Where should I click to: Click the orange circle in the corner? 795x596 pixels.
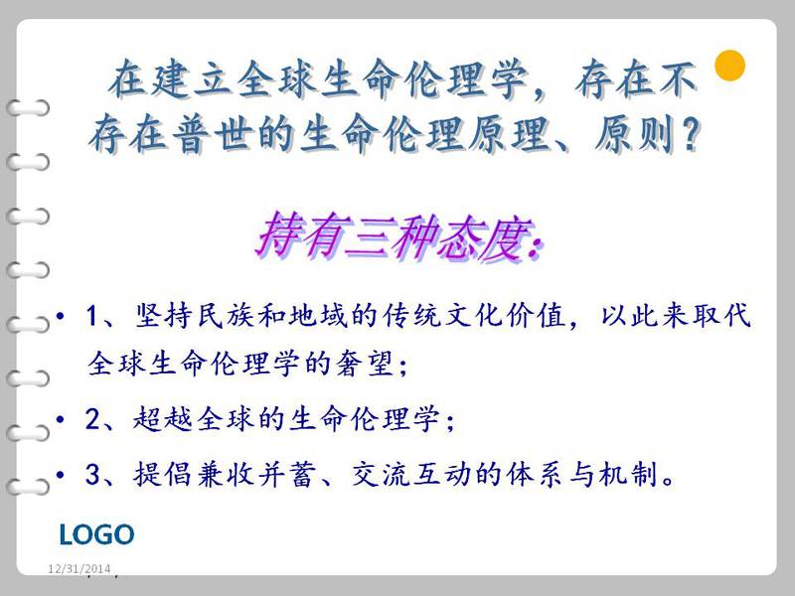tap(729, 66)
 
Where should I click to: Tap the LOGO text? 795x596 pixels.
tap(96, 534)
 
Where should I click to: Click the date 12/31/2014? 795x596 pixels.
tap(79, 568)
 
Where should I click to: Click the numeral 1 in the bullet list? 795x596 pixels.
tap(91, 316)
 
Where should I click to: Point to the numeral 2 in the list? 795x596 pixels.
tap(92, 419)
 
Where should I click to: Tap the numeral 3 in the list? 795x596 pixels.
tap(92, 475)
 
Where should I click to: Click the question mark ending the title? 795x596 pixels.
tap(691, 134)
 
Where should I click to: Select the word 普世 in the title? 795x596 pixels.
tap(213, 135)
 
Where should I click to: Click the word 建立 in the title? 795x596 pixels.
tap(171, 78)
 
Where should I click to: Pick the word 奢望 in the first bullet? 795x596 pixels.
tap(365, 364)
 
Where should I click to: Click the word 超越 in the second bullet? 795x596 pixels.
tap(163, 419)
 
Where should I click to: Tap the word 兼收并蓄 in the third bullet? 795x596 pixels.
tap(224, 475)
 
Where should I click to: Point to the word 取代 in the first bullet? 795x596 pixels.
tap(722, 315)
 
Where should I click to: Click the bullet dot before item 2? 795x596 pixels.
tap(61, 419)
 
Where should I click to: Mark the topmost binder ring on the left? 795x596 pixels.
tap(28, 108)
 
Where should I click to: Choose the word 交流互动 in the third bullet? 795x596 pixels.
tap(411, 475)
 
